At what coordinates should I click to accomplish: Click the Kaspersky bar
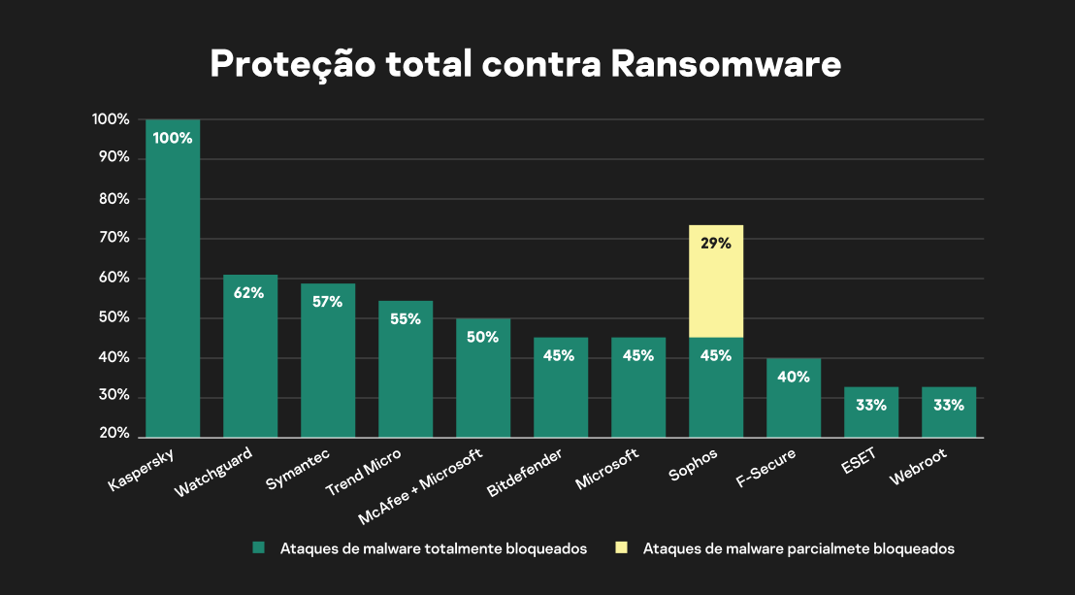(x=173, y=281)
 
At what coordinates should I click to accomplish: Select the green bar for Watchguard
(x=250, y=359)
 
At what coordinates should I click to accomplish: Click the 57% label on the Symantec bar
(x=328, y=302)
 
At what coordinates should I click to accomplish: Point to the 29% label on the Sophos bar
(x=716, y=244)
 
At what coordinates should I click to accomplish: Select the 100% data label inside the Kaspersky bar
(x=173, y=138)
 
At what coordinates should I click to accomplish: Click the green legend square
(x=259, y=548)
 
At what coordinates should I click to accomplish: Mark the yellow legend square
(x=621, y=548)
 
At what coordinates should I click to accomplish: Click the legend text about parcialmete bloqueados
(x=798, y=548)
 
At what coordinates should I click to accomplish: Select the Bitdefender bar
(x=561, y=388)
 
